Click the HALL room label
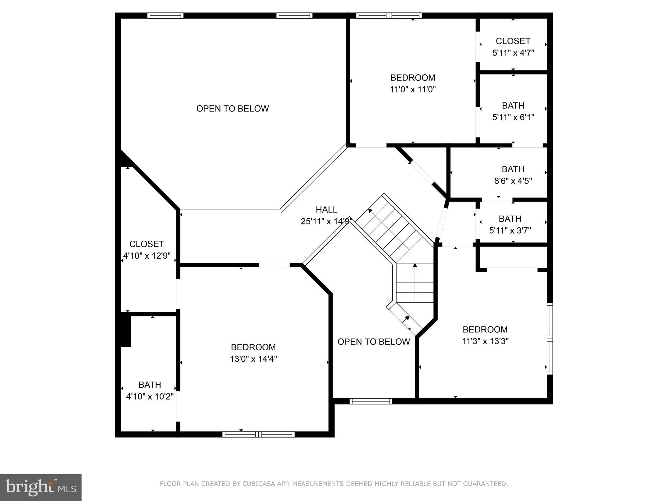pyautogui.click(x=326, y=210)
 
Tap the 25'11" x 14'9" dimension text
pyautogui.click(x=326, y=221)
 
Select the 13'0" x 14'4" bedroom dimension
pyautogui.click(x=253, y=359)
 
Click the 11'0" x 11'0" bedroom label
pyautogui.click(x=413, y=89)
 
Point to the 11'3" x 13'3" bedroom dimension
pyautogui.click(x=485, y=341)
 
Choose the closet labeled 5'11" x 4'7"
pyautogui.click(x=513, y=47)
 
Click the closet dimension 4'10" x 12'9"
pyautogui.click(x=147, y=256)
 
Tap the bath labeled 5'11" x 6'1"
pyautogui.click(x=513, y=111)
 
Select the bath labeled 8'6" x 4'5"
pyautogui.click(x=513, y=175)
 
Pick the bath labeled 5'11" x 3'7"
pyautogui.click(x=510, y=224)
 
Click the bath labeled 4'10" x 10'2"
pyautogui.click(x=150, y=391)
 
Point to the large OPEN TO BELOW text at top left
pyautogui.click(x=233, y=109)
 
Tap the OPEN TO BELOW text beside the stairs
pyautogui.click(x=373, y=342)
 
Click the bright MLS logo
pyautogui.click(x=41, y=488)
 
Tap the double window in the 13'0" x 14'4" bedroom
pyautogui.click(x=258, y=434)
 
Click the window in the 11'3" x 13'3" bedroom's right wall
pyautogui.click(x=550, y=339)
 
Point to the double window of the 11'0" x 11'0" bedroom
pyautogui.click(x=389, y=15)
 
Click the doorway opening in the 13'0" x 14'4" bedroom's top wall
pyautogui.click(x=274, y=265)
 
